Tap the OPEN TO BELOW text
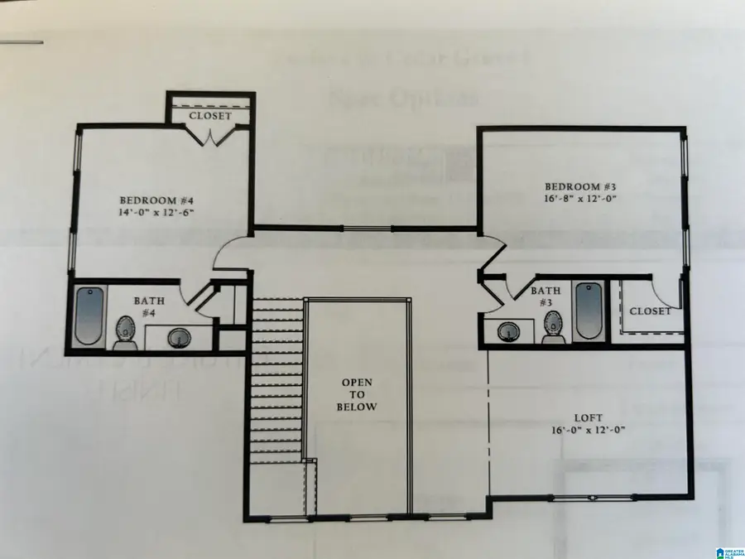pos(358,395)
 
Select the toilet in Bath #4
pos(125,331)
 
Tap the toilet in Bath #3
pos(552,329)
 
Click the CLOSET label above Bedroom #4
pos(211,117)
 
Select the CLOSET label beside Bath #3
pos(651,311)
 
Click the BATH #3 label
pos(546,296)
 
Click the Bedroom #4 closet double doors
pos(211,137)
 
